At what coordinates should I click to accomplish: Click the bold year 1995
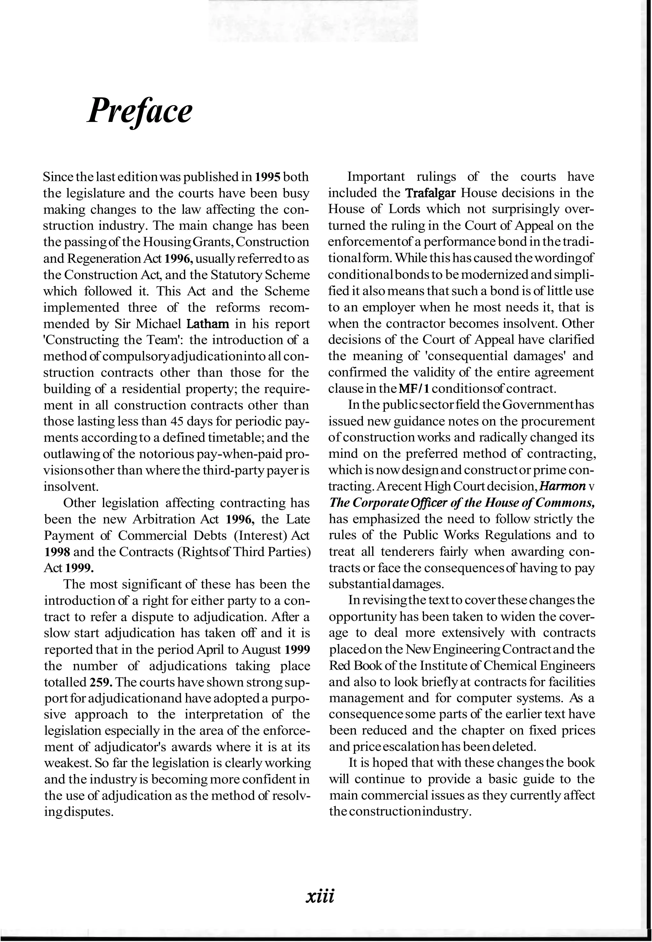coord(268,177)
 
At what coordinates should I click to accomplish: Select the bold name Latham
coord(208,324)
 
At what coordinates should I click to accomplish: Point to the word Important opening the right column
coord(376,177)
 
